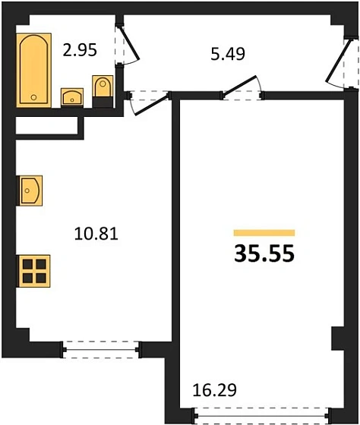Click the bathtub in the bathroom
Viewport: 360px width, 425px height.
33,68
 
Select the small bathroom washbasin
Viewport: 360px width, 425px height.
72,96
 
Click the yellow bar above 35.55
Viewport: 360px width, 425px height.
264,232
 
